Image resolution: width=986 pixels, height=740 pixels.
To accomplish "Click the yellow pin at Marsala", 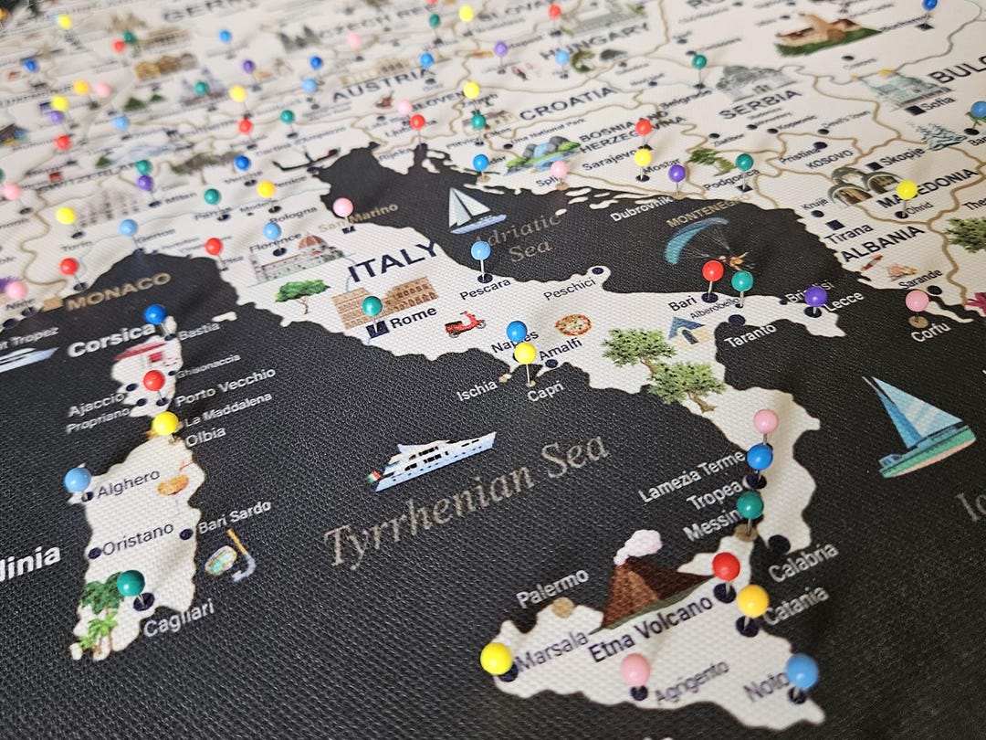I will (496, 658).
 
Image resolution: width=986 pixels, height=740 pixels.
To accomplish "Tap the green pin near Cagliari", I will (131, 582).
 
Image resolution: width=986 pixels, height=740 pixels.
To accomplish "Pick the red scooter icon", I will (465, 324).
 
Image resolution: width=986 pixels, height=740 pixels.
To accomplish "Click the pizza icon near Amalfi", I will (572, 324).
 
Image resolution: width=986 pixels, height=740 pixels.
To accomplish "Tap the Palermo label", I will (552, 588).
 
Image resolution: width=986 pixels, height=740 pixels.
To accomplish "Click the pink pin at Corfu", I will (917, 301).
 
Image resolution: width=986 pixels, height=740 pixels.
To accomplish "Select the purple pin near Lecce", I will (815, 296).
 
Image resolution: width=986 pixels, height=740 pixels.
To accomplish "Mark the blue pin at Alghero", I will (78, 479).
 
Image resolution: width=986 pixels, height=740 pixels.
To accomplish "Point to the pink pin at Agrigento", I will (635, 670).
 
